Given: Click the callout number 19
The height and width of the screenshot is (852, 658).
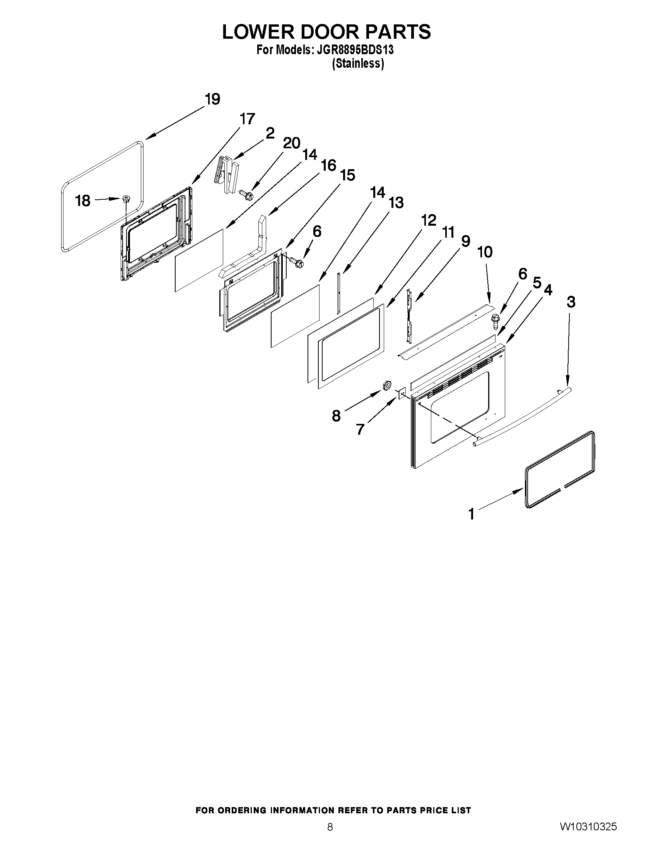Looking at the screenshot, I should (212, 99).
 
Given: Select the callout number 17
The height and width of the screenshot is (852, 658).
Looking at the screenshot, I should (247, 119).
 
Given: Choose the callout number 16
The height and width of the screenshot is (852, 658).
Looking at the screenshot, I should (328, 165).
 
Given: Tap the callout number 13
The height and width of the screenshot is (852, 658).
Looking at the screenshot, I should (396, 203).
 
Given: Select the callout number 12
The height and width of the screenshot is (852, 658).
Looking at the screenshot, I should (428, 220).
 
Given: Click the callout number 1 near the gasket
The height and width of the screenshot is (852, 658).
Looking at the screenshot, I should (472, 514).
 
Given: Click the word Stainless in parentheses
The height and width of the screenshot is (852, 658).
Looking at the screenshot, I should (358, 63).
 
